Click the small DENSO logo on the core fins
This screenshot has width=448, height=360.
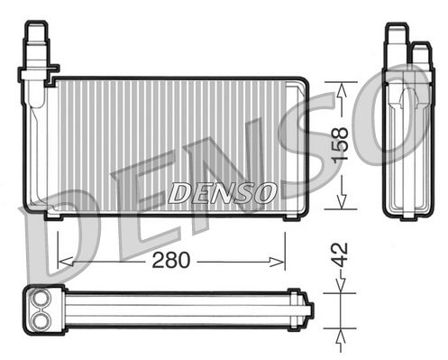click(223, 192)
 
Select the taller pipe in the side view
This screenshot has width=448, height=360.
click(396, 45)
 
